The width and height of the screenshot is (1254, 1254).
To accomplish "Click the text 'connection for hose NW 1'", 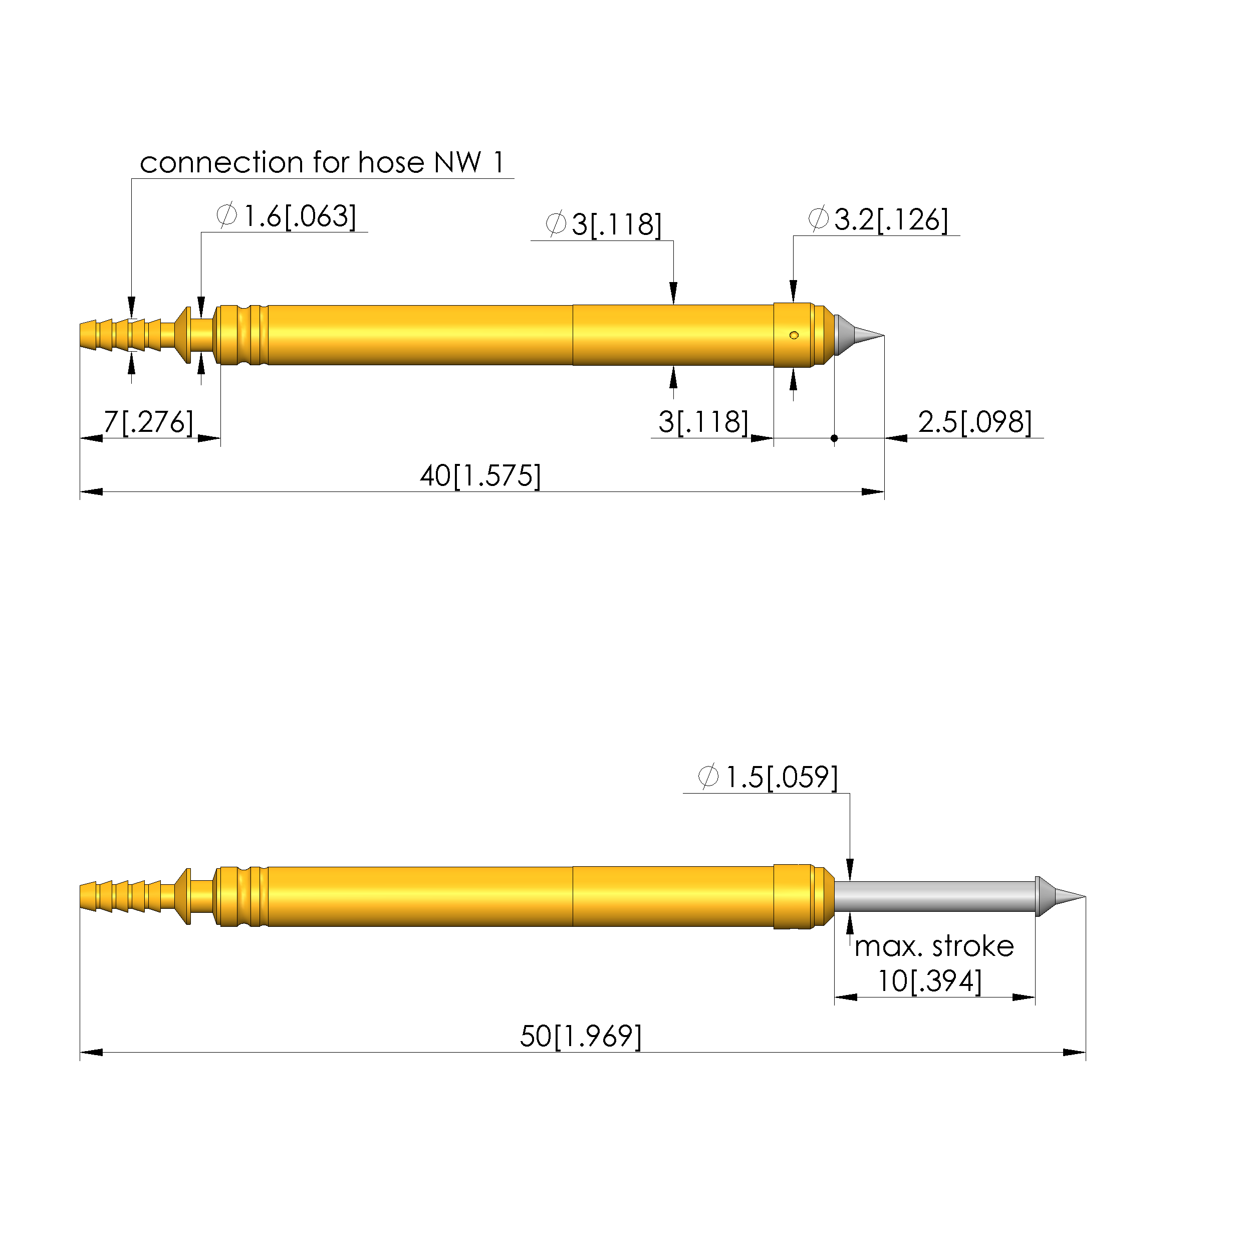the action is [322, 162].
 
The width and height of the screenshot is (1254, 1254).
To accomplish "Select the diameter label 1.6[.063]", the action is [286, 215].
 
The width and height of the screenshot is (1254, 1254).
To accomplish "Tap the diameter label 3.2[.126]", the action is [878, 219].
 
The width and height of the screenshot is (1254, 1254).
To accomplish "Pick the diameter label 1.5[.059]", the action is [768, 777].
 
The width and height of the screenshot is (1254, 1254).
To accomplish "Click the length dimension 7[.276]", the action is [149, 422].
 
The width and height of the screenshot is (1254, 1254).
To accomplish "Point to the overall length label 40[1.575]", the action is [480, 476].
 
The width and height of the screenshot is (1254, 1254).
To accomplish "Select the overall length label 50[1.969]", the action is [581, 1036].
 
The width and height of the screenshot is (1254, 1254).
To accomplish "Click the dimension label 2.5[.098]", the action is [975, 422].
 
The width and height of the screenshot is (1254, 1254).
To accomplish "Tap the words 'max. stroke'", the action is [934, 946].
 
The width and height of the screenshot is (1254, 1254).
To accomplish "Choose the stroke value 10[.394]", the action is [930, 981].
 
